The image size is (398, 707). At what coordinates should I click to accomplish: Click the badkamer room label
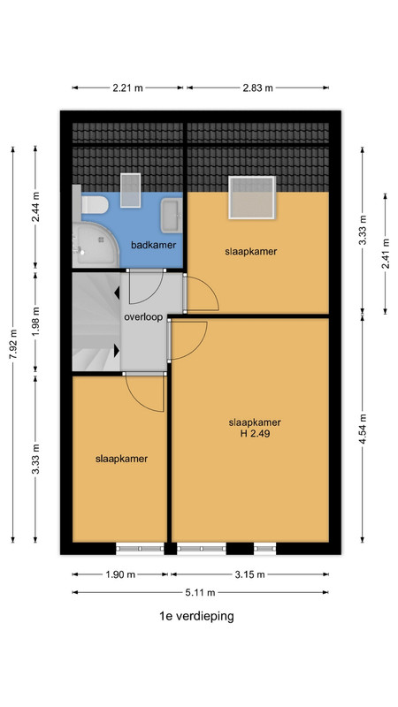pos(153,246)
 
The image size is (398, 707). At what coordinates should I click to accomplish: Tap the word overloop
pos(143,317)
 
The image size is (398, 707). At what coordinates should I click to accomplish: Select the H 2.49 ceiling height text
pos(255,434)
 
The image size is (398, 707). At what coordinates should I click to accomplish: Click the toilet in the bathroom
pos(94,205)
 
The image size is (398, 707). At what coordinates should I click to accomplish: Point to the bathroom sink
pos(172,216)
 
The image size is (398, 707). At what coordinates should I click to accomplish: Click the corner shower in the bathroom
pos(95,245)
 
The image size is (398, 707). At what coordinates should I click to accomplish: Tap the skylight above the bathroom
pos(130,190)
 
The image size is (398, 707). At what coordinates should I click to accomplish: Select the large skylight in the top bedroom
pos(252,197)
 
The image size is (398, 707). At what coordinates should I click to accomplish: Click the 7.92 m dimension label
pos(13,345)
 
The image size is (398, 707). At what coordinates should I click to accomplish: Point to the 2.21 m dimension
pos(127,87)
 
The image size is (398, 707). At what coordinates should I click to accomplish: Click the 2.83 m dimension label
pos(257,87)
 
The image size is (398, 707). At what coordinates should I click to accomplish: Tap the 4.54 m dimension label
pos(363,429)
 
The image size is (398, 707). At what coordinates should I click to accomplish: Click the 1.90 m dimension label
pos(120,574)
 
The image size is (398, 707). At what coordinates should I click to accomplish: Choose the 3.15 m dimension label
pos(249,574)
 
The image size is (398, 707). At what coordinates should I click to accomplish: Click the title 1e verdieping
pos(196,616)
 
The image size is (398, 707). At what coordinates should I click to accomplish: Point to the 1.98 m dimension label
pos(36,322)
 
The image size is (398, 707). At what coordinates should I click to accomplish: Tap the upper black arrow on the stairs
pos(117,293)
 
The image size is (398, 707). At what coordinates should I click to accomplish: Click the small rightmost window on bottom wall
pos(264,548)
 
